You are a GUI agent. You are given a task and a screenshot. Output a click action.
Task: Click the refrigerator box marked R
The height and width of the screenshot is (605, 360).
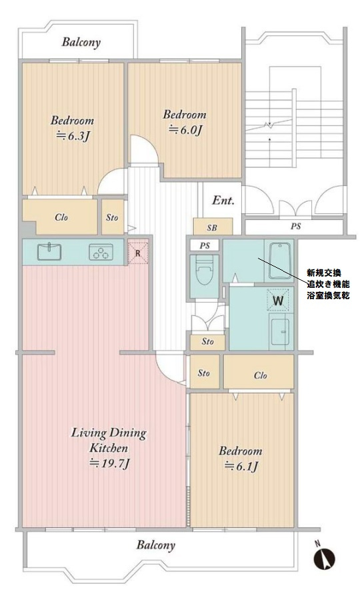click(x=137, y=253)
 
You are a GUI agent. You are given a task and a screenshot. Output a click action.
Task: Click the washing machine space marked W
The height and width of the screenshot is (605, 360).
click(x=279, y=300)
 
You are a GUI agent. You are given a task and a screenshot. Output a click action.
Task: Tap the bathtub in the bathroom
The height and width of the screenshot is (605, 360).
click(x=279, y=261)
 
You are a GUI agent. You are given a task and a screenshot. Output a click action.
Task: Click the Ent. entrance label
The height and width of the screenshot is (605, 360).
click(x=223, y=201)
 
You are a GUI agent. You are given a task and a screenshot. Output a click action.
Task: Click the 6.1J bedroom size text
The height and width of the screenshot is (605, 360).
click(x=241, y=466)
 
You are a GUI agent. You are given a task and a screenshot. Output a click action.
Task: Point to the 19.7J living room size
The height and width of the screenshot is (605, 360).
click(x=109, y=463)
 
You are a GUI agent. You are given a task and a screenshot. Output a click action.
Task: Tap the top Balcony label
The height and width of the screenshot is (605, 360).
click(x=81, y=43)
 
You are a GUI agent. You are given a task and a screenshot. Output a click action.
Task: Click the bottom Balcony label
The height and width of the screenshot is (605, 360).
click(x=155, y=545)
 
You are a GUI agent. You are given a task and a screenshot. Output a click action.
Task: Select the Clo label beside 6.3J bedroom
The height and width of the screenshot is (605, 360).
click(x=61, y=217)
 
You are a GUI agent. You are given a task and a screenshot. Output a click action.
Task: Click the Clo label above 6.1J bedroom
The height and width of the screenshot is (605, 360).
click(x=261, y=375)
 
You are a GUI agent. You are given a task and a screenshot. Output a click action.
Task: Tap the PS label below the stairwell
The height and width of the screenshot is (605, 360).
click(x=295, y=227)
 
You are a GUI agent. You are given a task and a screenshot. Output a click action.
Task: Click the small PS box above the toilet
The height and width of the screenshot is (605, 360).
click(x=204, y=246)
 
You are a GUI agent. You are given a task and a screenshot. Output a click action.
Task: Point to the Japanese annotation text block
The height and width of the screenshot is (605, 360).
click(x=328, y=283)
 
